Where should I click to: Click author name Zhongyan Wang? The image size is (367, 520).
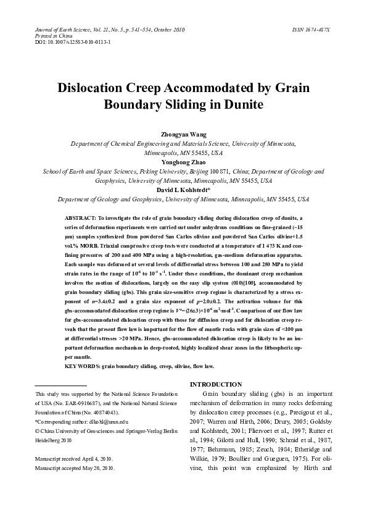point(183,134)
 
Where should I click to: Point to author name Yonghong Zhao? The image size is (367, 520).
point(183,162)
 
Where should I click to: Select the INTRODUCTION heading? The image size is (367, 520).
point(215,384)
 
